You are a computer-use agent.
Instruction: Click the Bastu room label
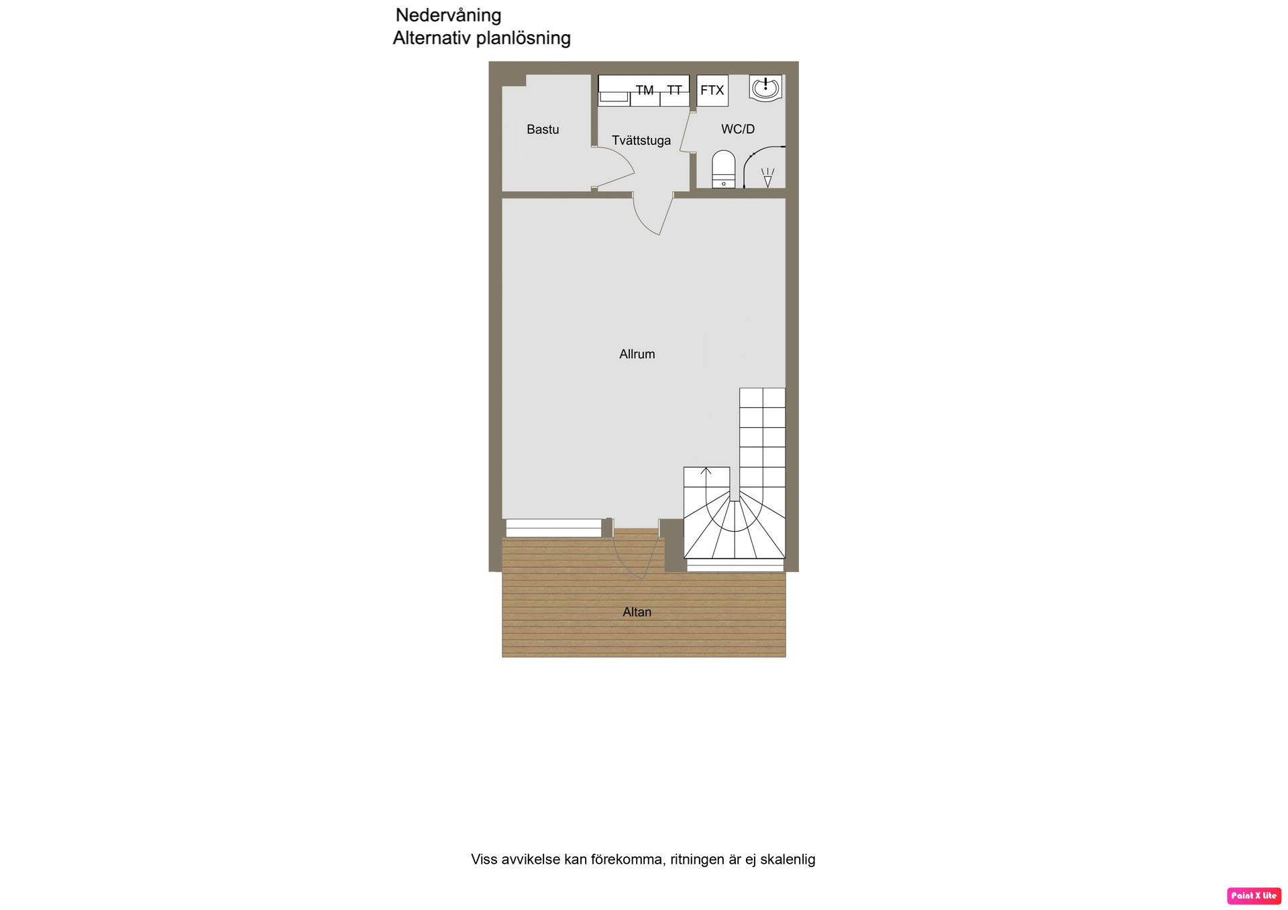[543, 129]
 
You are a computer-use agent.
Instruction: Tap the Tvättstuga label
[641, 141]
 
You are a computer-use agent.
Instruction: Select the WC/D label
[738, 129]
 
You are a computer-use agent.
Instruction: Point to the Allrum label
[637, 354]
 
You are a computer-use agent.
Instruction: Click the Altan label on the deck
[637, 612]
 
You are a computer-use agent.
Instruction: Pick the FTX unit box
[712, 91]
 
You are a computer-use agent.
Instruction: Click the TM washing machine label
[645, 90]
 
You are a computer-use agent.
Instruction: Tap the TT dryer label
[674, 90]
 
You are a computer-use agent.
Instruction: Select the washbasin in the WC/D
[765, 88]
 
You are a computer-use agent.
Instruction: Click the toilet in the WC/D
[723, 169]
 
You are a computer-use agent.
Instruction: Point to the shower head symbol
[767, 177]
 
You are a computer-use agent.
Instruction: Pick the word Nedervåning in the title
[448, 15]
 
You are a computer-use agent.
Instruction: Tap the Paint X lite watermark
[1254, 896]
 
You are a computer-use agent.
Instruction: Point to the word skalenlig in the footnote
[788, 859]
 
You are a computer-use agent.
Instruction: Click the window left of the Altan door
[553, 528]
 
